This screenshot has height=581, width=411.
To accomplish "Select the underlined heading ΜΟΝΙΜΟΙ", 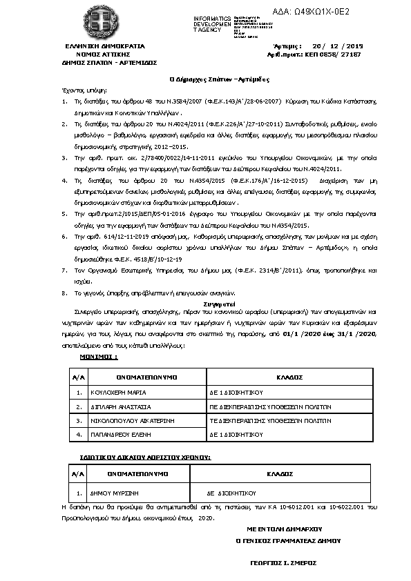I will click(x=99, y=358).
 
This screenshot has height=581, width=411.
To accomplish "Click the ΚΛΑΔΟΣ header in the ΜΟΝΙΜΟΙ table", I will click(x=291, y=378).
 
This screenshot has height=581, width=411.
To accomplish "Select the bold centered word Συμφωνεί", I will click(x=205, y=302).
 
